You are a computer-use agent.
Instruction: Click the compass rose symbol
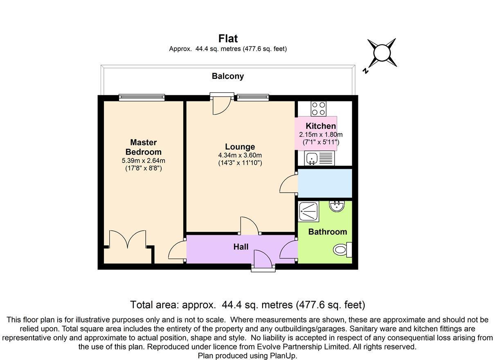pyautogui.click(x=382, y=53)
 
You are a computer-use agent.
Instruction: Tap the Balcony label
pyautogui.click(x=228, y=76)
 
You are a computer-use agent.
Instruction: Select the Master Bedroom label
pyautogui.click(x=143, y=147)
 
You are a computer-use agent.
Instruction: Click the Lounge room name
pyautogui.click(x=240, y=147)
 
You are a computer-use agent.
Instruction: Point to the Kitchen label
pyautogui.click(x=321, y=126)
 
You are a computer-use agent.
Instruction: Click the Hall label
pyautogui.click(x=241, y=247)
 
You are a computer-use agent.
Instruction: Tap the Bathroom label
pyautogui.click(x=327, y=232)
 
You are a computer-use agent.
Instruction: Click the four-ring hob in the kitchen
pyautogui.click(x=318, y=108)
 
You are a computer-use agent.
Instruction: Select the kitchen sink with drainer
pyautogui.click(x=320, y=158)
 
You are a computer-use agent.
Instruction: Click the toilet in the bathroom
pyautogui.click(x=342, y=249)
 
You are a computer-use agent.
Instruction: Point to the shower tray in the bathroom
pyautogui.click(x=308, y=211)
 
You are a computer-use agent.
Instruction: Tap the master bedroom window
pyautogui.click(x=142, y=97)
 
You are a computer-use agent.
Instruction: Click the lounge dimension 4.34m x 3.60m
pyautogui.click(x=240, y=155)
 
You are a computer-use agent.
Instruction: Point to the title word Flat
pyautogui.click(x=228, y=38)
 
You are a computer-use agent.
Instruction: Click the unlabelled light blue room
pyautogui.click(x=325, y=183)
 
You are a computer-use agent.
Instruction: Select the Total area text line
pyautogui.click(x=248, y=305)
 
